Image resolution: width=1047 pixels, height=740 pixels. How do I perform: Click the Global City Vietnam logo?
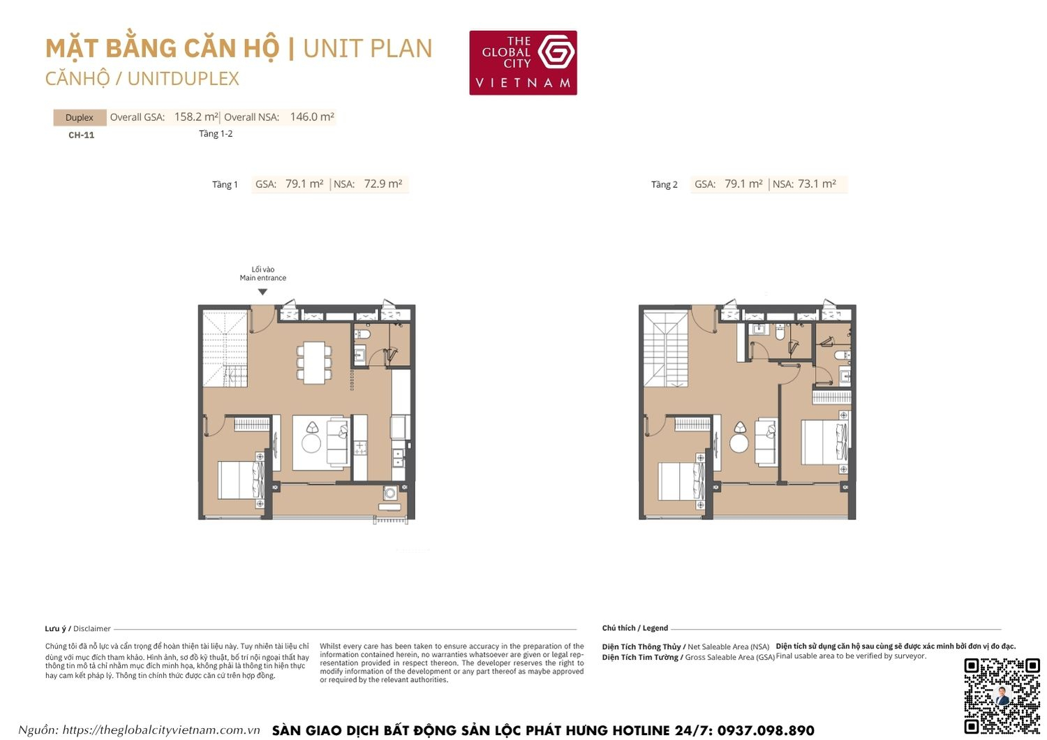523,62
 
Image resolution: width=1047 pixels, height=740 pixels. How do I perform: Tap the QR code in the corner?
1002,695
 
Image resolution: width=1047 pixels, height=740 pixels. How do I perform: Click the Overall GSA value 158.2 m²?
196,117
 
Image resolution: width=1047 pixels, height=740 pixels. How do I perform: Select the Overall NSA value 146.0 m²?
312,117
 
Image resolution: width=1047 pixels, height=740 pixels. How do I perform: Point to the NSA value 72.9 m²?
383,184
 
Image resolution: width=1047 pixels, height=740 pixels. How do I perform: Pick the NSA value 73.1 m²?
817,184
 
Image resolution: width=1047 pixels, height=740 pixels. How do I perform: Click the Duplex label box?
80,117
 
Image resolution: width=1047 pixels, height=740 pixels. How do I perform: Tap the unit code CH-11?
81,135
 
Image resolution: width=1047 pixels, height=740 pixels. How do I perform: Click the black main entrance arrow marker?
262,292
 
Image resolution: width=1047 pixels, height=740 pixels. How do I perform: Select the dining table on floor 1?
314,362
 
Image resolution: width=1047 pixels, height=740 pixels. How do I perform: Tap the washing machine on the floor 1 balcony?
389,494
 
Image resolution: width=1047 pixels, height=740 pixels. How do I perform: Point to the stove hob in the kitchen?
360,447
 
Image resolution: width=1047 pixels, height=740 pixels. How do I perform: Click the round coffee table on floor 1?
311,443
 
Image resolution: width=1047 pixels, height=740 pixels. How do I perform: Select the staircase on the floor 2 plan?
665,349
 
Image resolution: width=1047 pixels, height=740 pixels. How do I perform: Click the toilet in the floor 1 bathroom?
362,334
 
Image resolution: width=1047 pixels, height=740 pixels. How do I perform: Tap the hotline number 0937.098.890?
765,730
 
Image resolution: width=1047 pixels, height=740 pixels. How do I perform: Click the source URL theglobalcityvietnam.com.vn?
161,730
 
